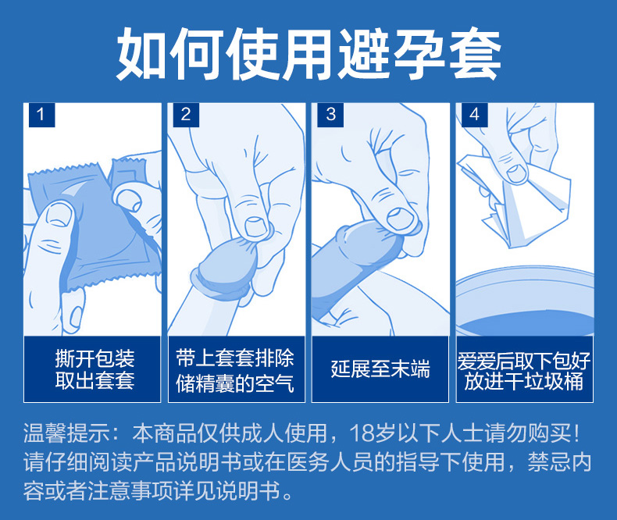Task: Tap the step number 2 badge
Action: tap(186, 115)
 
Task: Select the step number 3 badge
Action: tap(330, 115)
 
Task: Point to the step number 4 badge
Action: tap(474, 115)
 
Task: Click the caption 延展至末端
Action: tap(380, 369)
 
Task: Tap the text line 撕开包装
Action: tap(95, 358)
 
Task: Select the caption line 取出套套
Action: tap(95, 380)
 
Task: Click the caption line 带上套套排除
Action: tap(235, 358)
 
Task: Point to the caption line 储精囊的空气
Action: tap(235, 383)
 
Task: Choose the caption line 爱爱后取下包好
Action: tap(524, 360)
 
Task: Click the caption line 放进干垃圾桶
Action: tap(524, 381)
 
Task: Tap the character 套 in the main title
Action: tap(475, 54)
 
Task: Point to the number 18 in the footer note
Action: tap(362, 433)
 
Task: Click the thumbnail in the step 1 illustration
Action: tap(59, 215)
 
